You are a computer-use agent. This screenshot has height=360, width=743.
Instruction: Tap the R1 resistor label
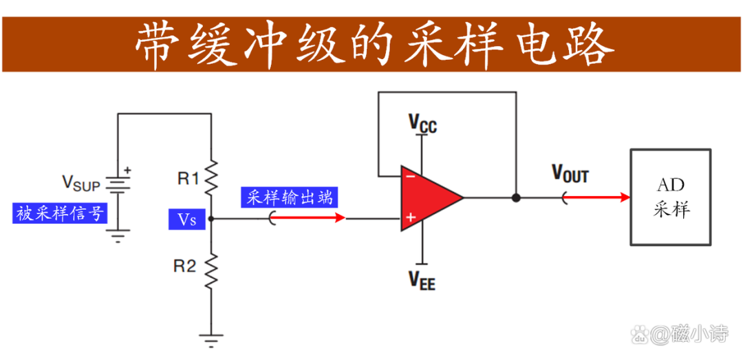pos(187,179)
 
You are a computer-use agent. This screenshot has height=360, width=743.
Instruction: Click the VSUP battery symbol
pos(118,182)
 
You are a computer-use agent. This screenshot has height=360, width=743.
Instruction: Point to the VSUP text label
pos(81,182)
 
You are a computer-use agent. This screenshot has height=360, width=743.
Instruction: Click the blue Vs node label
pos(187,220)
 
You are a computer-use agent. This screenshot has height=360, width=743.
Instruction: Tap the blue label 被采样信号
pos(61,213)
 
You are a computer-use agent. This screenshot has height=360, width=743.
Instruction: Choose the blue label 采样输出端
pos(290,198)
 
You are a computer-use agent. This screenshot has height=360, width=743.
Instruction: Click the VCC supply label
pos(422,124)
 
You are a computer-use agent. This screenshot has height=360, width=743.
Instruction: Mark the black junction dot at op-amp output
pos(516,198)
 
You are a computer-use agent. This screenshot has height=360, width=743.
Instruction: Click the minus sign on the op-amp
pos(410,176)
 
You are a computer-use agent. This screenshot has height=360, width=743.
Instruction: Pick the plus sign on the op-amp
pos(411,218)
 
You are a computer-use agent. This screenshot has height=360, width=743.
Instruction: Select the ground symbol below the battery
pos(118,237)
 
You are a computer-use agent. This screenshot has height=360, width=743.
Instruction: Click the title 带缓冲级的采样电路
pos(372,44)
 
